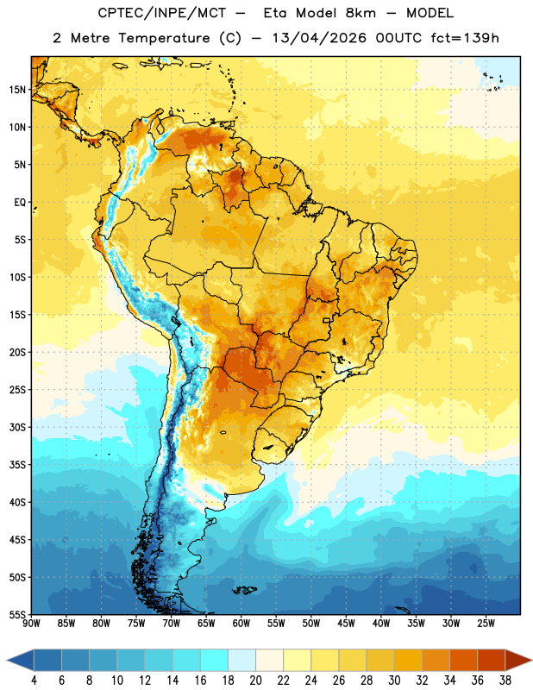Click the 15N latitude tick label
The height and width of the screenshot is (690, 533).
[x=17, y=90]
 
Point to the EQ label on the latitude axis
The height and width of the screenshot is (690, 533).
[x=20, y=203]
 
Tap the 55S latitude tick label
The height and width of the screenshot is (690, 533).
[x=17, y=614]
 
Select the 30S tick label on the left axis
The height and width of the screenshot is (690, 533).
[x=17, y=427]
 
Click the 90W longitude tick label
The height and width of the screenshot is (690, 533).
[x=31, y=624]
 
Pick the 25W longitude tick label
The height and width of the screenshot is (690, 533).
[x=486, y=624]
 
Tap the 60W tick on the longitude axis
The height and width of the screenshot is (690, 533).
[x=241, y=624]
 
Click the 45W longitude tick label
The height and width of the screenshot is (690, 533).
[x=346, y=624]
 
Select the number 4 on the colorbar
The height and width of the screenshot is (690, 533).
[x=34, y=681]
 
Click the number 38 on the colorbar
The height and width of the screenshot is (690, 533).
[x=505, y=681]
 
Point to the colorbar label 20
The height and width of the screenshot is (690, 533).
[x=255, y=681]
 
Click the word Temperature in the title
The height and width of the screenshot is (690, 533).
[x=164, y=38]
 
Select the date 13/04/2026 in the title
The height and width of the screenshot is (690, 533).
[x=319, y=38]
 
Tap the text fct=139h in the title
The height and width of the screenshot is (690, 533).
[x=465, y=38]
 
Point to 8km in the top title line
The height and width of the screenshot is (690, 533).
[x=361, y=13]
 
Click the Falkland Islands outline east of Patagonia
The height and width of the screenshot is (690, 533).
[x=244, y=590]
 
